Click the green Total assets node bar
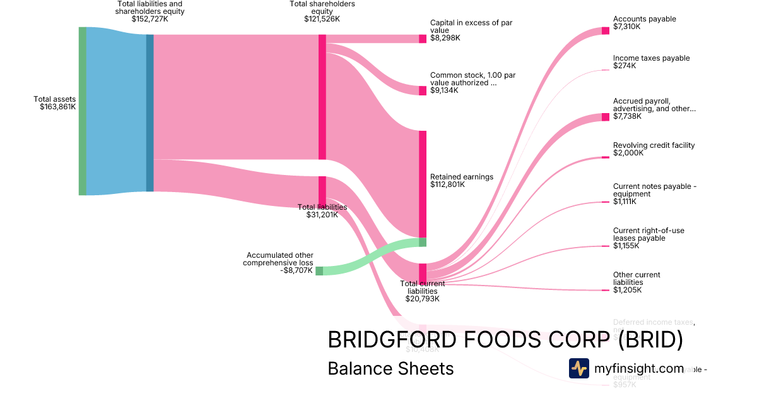(82, 111)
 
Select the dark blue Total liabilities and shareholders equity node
(150, 112)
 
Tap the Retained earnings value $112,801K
(447, 184)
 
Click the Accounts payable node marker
(606, 30)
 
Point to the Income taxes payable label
(651, 58)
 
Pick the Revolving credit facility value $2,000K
(628, 153)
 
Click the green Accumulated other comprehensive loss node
(319, 271)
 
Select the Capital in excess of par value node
(423, 39)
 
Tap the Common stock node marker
(423, 90)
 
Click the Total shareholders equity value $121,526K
(322, 19)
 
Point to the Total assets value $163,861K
(57, 107)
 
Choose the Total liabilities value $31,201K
(322, 215)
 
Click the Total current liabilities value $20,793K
(422, 299)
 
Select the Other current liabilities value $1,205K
(627, 290)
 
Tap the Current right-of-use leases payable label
(648, 234)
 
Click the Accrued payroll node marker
(606, 117)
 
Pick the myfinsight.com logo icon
(578, 368)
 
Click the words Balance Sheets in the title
(390, 368)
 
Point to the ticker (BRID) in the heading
(650, 340)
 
